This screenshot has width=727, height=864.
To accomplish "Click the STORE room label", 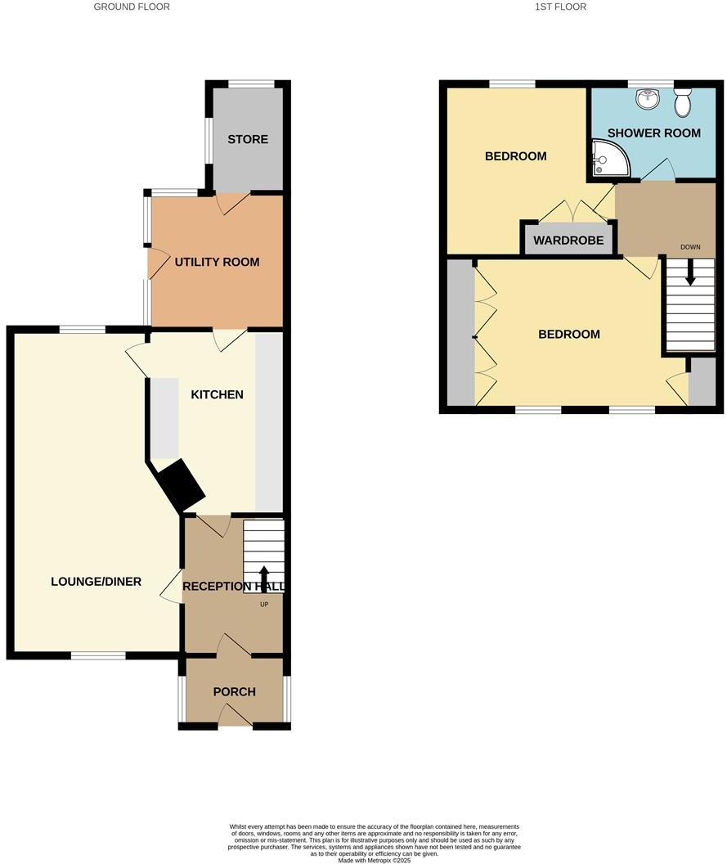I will click(248, 139).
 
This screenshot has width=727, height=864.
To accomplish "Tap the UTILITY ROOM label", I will click(217, 262).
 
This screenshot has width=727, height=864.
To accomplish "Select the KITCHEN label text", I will click(217, 394).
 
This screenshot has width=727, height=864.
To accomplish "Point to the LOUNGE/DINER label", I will click(96, 582).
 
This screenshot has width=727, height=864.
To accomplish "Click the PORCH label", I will click(234, 691).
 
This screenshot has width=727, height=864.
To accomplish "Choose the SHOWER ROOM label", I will click(653, 133).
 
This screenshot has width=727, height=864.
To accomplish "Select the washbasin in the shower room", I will click(648, 98).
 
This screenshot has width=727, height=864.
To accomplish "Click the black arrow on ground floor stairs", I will click(264, 579).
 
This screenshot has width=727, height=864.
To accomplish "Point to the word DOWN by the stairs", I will click(691, 246).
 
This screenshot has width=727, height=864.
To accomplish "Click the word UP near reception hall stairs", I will click(264, 605).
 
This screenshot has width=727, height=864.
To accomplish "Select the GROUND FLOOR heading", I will click(132, 7).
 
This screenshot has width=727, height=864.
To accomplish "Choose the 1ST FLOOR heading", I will click(560, 7).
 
